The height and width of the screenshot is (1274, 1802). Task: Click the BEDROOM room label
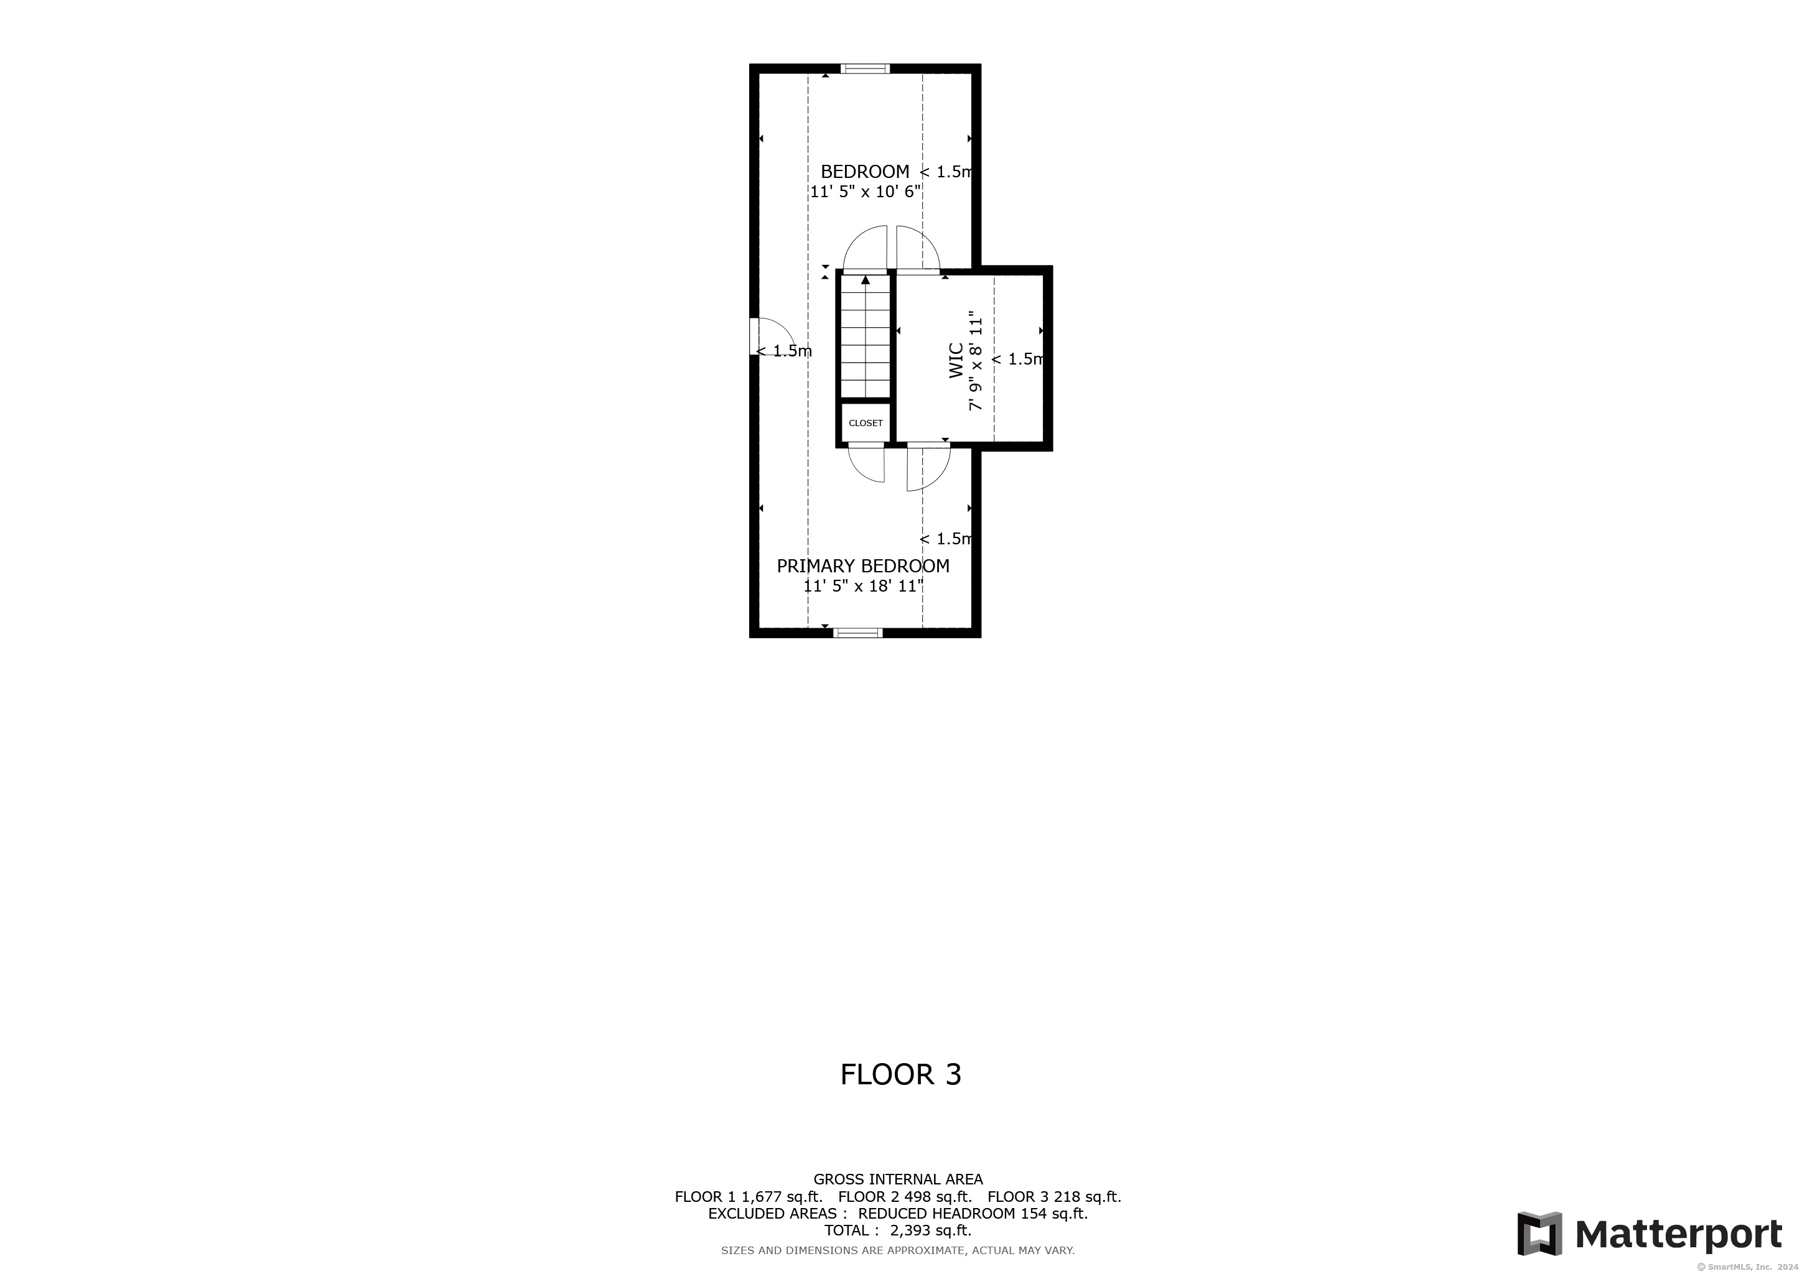click(865, 171)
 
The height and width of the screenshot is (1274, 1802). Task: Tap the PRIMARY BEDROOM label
click(863, 565)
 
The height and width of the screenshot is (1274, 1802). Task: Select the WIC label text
click(956, 361)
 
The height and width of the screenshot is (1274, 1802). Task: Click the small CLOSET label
click(866, 423)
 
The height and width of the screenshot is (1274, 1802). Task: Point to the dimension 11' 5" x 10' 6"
click(866, 192)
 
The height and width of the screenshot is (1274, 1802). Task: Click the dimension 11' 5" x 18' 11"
click(863, 586)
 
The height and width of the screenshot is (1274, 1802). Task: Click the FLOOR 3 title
click(901, 1074)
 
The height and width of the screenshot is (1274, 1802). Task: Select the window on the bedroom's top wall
click(865, 68)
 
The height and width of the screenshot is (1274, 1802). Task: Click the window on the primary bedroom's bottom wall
click(858, 632)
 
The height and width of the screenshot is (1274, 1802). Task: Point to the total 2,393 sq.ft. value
click(931, 1230)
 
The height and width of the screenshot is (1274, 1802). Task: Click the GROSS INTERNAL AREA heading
click(898, 1179)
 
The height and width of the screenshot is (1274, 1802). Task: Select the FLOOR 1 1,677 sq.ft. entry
click(749, 1196)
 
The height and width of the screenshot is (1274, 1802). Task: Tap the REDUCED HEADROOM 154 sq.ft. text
click(973, 1214)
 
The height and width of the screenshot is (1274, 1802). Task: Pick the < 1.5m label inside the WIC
click(1017, 360)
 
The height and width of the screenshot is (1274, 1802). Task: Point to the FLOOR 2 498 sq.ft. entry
click(905, 1196)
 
